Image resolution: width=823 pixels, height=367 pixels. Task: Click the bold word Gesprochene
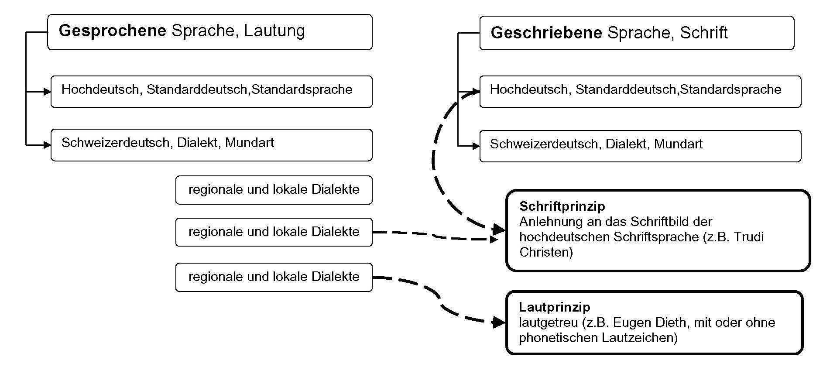[112, 31]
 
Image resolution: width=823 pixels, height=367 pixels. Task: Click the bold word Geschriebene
[546, 33]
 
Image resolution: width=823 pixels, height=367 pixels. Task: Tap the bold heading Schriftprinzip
[562, 206]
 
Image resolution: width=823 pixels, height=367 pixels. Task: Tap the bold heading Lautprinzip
[554, 307]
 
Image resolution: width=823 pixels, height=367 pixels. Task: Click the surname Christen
[546, 252]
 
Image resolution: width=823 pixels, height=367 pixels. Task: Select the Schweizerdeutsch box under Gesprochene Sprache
[211, 145]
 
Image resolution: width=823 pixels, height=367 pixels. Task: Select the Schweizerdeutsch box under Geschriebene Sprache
[640, 146]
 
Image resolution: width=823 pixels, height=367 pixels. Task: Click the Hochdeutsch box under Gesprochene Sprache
[211, 92]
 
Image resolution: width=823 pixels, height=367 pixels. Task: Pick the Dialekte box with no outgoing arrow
[274, 190]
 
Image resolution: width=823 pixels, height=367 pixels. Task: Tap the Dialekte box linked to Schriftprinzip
[274, 232]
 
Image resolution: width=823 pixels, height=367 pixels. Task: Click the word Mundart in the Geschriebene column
[678, 144]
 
